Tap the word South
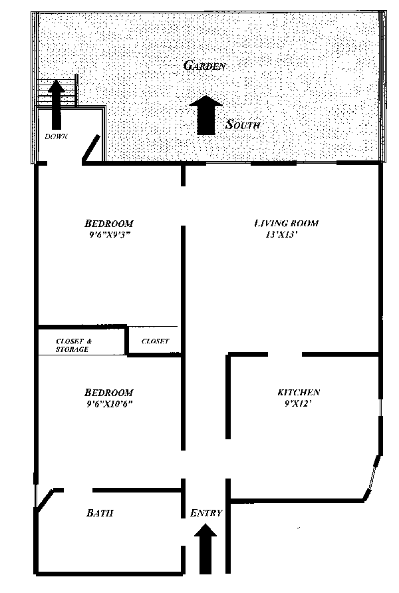point(243,124)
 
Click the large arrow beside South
point(207,115)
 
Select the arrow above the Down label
point(56,103)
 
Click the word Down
point(57,136)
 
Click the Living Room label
point(286,223)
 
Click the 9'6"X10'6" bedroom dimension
point(110,404)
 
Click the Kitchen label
point(299,393)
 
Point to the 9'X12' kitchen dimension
point(297,403)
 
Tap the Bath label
point(100,513)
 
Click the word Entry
point(206,513)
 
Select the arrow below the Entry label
point(206,547)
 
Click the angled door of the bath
point(45,501)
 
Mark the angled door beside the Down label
point(91,149)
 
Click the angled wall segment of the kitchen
point(372,476)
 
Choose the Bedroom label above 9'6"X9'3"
point(109,223)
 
